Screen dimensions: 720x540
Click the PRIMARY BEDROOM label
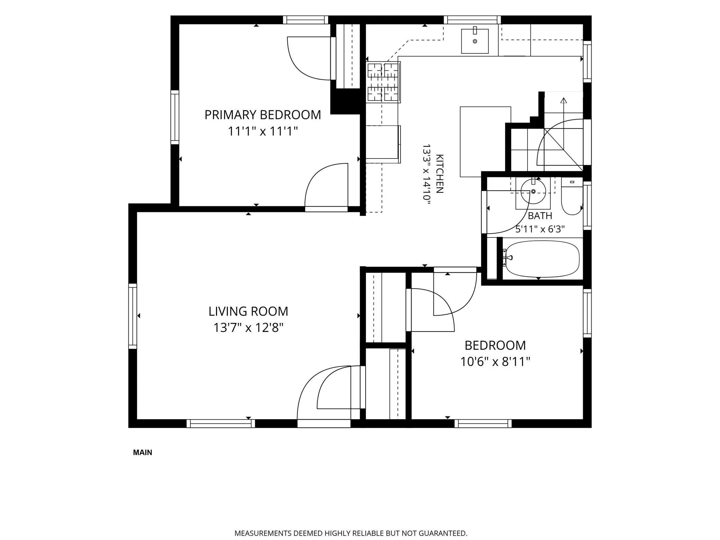click(263, 115)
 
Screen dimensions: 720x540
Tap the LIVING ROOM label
click(248, 312)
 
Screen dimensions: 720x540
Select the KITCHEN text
click(439, 173)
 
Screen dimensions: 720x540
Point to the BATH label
click(540, 216)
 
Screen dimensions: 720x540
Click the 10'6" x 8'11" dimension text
click(495, 362)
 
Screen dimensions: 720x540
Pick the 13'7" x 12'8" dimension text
click(248, 328)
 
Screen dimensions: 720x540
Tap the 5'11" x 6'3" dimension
click(540, 229)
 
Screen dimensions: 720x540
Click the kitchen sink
click(475, 41)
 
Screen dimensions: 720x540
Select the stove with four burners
click(384, 82)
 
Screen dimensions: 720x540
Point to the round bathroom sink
click(533, 191)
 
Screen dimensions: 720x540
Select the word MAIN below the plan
click(143, 452)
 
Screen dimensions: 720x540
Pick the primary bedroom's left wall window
click(175, 117)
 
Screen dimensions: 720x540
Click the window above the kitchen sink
click(472, 20)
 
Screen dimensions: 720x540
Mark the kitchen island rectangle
click(485, 142)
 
